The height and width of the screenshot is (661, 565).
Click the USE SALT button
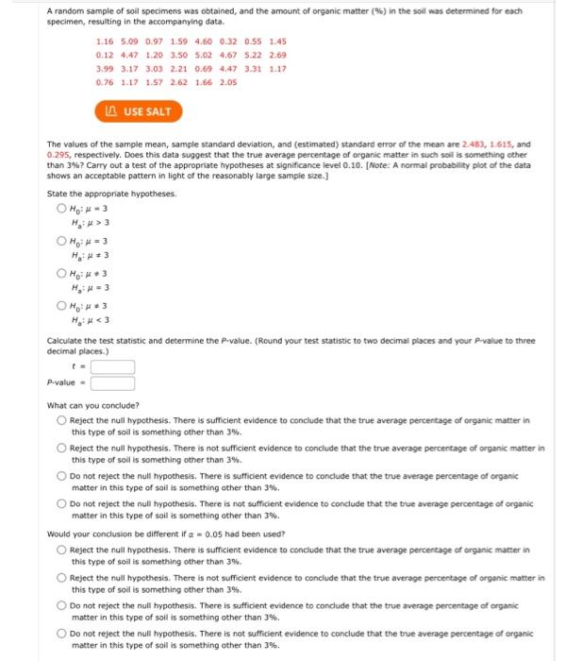138,111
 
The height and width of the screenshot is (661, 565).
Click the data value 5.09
131,42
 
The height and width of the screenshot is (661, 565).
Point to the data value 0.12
107,56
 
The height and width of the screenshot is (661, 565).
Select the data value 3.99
107,69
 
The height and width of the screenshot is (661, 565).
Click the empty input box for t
112,366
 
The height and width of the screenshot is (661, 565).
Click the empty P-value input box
112,382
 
